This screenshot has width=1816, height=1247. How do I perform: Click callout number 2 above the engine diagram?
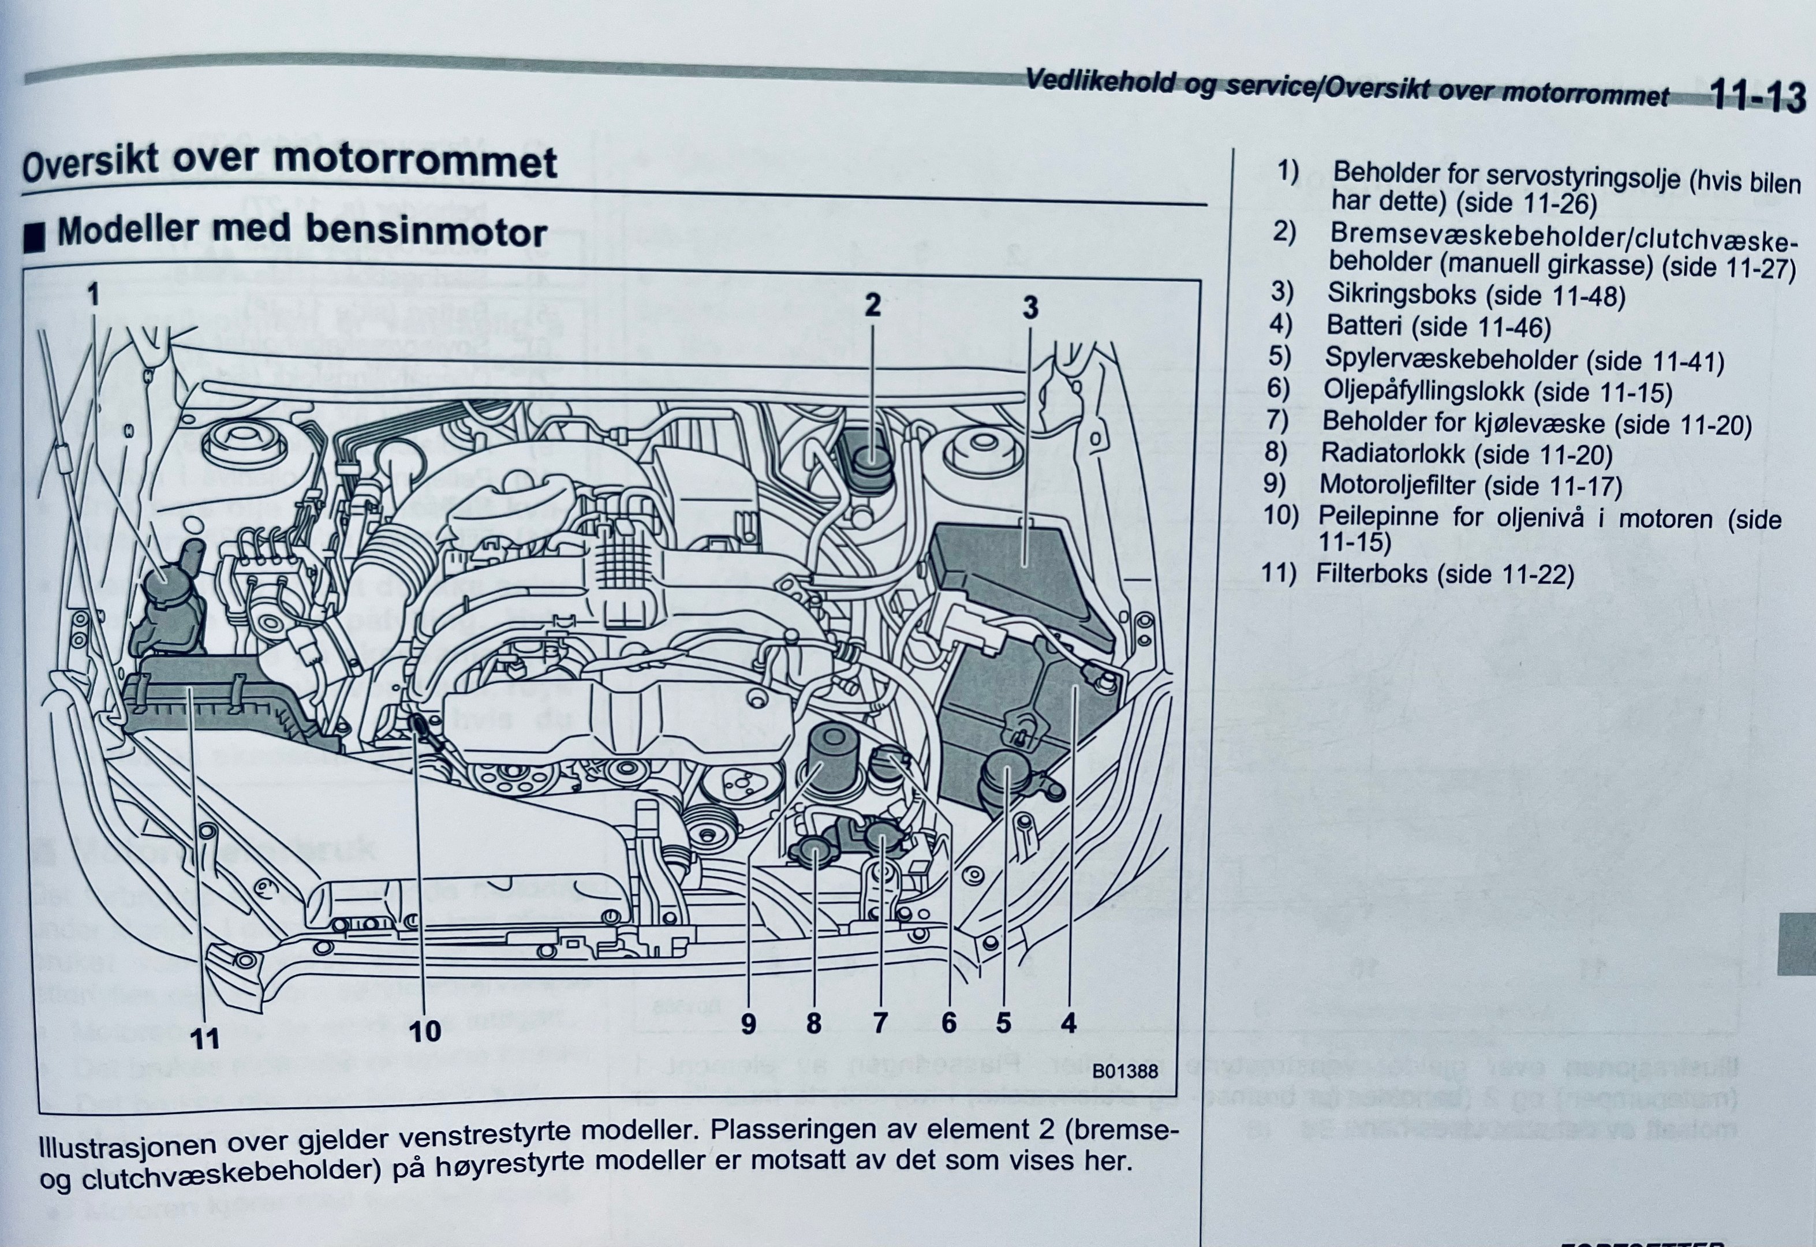872,305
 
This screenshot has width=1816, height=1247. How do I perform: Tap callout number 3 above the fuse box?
1030,308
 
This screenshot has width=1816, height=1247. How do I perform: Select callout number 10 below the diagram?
425,1031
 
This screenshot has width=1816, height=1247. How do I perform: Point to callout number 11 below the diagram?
205,1039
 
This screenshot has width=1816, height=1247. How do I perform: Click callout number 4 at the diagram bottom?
1068,1023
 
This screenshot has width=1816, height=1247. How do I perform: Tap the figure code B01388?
1124,1071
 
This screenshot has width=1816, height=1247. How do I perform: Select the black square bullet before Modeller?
35,237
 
